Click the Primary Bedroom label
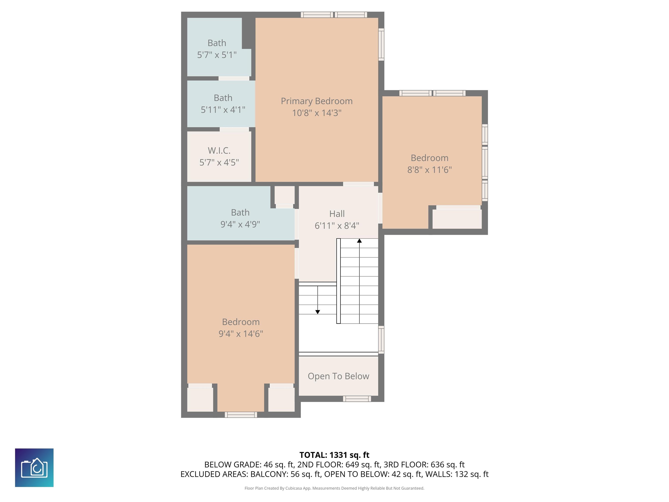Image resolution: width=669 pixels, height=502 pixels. (x=317, y=101)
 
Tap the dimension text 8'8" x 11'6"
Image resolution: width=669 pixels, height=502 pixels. (x=429, y=170)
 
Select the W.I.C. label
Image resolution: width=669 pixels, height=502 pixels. (x=219, y=150)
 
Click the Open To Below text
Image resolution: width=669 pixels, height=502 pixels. (x=338, y=376)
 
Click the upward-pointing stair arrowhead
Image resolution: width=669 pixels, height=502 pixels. (x=359, y=241)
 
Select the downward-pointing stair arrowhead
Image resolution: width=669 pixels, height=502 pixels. (x=318, y=312)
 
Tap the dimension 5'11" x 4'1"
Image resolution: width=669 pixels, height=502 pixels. (x=223, y=110)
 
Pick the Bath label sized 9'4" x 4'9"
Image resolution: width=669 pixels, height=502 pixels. (x=240, y=212)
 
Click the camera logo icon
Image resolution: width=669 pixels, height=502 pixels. (x=34, y=468)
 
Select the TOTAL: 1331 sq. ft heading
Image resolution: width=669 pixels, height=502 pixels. (x=334, y=455)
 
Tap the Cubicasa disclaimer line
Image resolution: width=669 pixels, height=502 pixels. (x=334, y=488)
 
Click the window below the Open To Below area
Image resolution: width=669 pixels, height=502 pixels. (x=357, y=399)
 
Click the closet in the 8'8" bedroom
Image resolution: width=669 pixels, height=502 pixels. (x=457, y=219)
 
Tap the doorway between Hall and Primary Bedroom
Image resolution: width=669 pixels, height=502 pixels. (x=358, y=184)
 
